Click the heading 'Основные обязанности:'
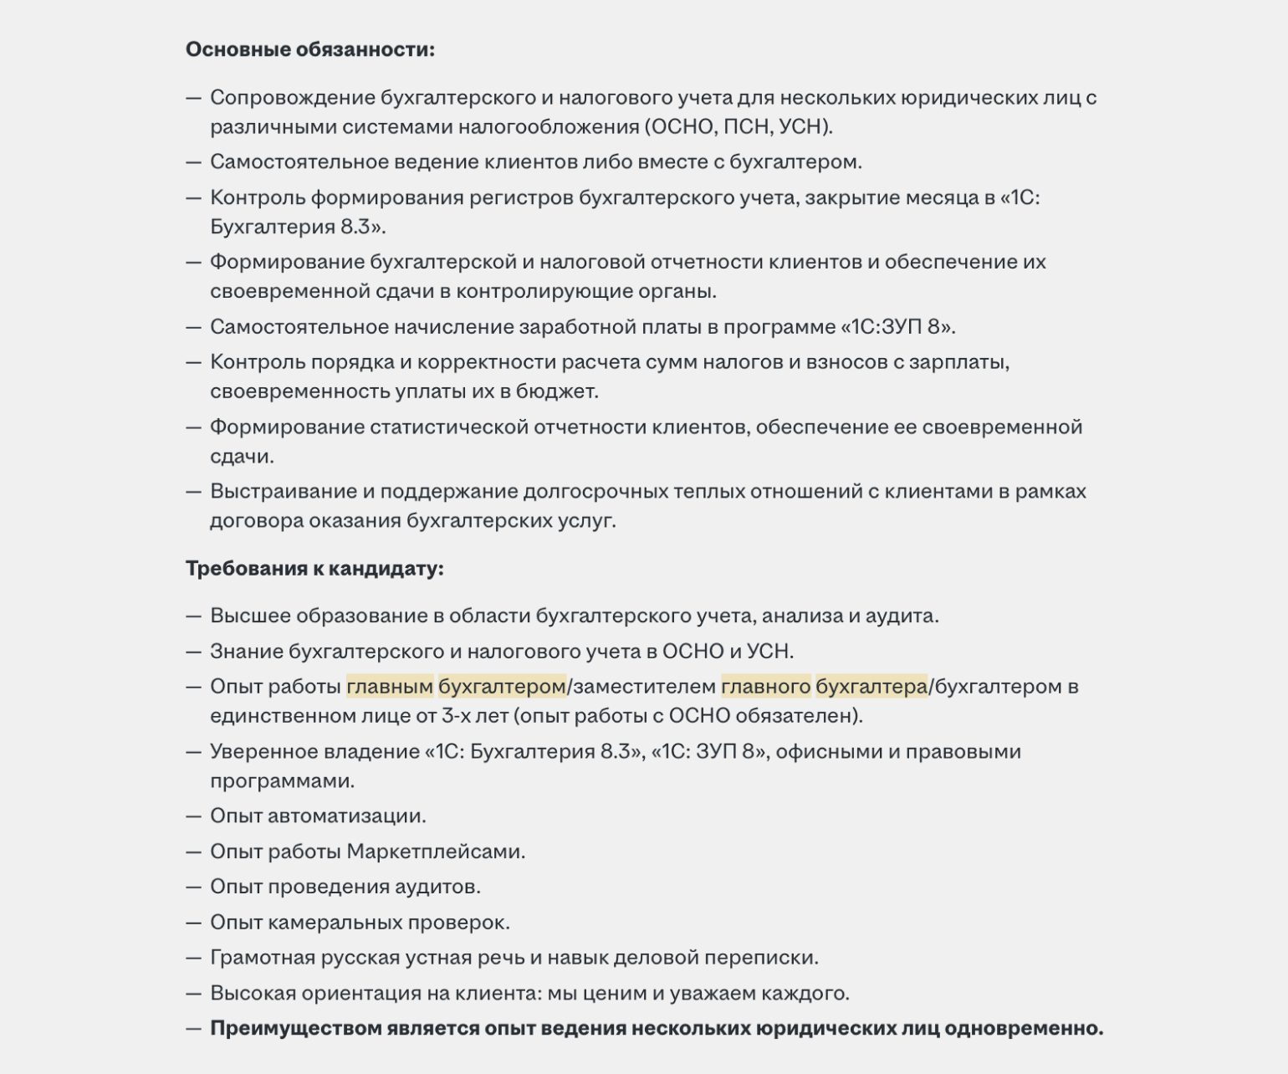(309, 49)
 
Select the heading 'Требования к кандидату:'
(314, 569)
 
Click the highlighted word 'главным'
(390, 687)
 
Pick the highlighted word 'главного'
(765, 687)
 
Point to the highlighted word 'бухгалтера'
(871, 687)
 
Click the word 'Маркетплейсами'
(435, 852)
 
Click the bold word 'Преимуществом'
(294, 1029)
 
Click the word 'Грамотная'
(263, 958)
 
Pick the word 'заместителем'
(645, 687)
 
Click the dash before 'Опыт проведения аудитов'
(194, 887)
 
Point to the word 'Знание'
(246, 652)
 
